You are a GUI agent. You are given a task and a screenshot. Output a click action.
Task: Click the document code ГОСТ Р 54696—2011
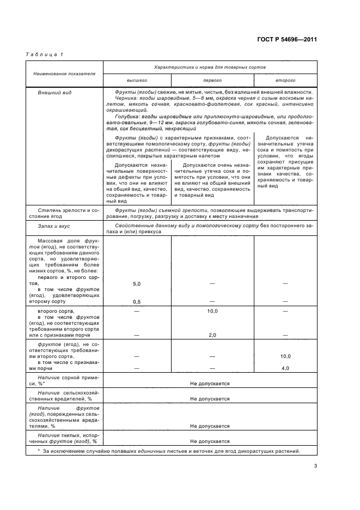coord(287,39)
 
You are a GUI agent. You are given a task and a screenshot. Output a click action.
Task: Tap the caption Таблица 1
coord(45,54)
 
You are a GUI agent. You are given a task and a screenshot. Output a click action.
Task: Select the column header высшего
coord(137,80)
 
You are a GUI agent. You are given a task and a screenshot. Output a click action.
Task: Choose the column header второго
coord(285,80)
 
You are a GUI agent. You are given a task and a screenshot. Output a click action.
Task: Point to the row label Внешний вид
coord(51,93)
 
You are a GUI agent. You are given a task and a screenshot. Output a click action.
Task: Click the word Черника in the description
coord(127,98)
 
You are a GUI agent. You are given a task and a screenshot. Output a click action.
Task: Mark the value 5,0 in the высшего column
coord(137,284)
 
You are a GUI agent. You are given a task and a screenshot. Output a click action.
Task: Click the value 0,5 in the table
coord(137,301)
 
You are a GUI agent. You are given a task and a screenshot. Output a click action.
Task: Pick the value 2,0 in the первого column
coord(212,335)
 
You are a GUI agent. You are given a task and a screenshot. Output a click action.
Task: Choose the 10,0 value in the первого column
coord(212,311)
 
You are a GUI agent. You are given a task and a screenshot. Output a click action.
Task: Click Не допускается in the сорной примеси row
coord(210,384)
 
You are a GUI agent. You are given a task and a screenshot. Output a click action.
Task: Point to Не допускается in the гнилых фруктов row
coord(210,441)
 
